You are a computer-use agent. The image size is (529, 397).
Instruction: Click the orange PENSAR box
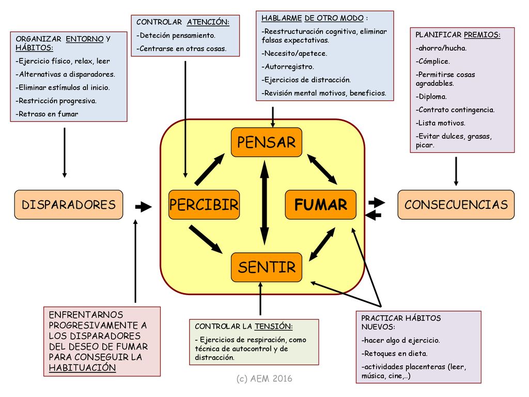[267, 142]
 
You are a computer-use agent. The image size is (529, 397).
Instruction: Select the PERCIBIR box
[204, 205]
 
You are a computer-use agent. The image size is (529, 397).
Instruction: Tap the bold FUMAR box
[320, 205]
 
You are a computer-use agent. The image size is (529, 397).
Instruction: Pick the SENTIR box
[267, 267]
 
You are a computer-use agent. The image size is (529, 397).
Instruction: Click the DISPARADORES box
[69, 205]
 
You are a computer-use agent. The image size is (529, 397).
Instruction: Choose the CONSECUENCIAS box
[456, 205]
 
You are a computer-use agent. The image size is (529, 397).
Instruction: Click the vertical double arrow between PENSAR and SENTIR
[265, 203]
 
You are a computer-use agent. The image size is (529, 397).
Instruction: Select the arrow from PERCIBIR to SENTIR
[206, 239]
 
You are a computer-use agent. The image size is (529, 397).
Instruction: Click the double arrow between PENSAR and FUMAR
[322, 170]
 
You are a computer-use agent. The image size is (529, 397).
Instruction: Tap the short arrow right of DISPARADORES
[144, 207]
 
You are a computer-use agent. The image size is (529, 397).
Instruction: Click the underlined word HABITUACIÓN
[82, 368]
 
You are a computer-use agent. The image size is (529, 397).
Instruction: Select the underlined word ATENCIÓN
[208, 22]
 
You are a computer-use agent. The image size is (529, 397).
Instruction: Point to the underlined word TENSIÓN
[274, 327]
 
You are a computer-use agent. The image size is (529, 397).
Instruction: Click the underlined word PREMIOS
[482, 35]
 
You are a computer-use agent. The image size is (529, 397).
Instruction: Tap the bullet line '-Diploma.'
[431, 97]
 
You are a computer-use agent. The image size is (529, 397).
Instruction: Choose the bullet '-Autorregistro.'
[288, 67]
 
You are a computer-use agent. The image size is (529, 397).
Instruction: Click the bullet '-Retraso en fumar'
[47, 114]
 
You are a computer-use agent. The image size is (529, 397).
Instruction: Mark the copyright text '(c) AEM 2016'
[264, 378]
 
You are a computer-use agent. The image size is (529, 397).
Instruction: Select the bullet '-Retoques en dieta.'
[394, 354]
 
